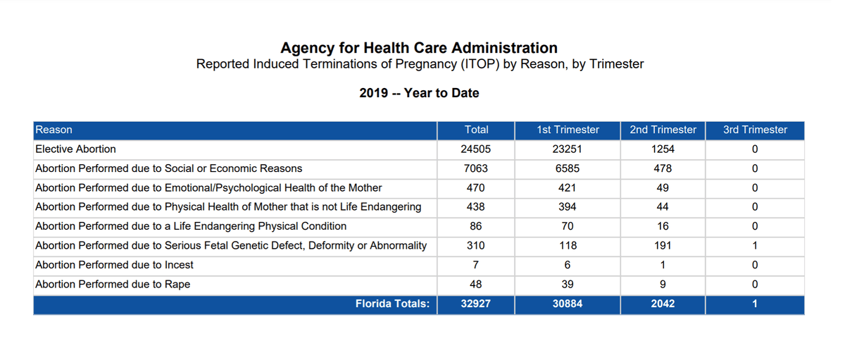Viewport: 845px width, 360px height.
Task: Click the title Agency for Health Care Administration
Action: [x=419, y=48]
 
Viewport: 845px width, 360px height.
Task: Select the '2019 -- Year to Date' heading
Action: [x=419, y=93]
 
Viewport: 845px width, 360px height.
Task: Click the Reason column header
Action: [x=54, y=130]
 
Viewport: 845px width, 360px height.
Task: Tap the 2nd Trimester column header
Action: [x=663, y=130]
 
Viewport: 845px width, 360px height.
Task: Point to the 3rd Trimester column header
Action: [x=755, y=130]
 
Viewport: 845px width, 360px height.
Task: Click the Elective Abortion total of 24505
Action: [x=475, y=149]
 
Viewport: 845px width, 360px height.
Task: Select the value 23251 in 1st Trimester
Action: [x=567, y=149]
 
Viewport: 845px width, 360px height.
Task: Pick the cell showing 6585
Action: [x=567, y=168]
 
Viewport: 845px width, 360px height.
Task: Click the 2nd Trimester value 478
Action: [x=663, y=168]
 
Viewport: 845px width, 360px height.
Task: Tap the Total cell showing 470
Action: [x=475, y=187]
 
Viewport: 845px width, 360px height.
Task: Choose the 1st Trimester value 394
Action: [x=567, y=207]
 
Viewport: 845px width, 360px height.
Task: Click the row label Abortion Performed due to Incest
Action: [x=114, y=265]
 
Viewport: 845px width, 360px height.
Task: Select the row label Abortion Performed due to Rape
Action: [x=113, y=284]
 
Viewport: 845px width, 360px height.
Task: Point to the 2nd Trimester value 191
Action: [x=663, y=246]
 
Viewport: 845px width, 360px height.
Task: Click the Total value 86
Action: [x=475, y=226]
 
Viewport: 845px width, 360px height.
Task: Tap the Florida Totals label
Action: [x=392, y=304]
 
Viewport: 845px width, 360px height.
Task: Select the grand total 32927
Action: [x=475, y=304]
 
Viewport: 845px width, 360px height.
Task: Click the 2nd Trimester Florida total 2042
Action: [x=663, y=304]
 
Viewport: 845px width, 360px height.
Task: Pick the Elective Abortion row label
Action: [x=75, y=149]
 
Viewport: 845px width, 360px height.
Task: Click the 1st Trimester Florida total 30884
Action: [x=568, y=304]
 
